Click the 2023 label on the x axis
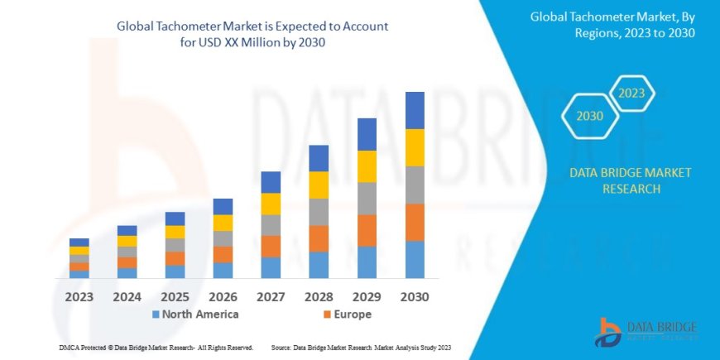79,295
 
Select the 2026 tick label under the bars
223,295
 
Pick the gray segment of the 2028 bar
319,212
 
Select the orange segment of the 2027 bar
271,246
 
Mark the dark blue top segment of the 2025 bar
175,218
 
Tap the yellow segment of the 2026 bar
223,223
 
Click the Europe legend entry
345,314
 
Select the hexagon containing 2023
632,93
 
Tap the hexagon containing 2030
588,117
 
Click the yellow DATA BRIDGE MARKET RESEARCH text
631,180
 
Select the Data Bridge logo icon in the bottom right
609,333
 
